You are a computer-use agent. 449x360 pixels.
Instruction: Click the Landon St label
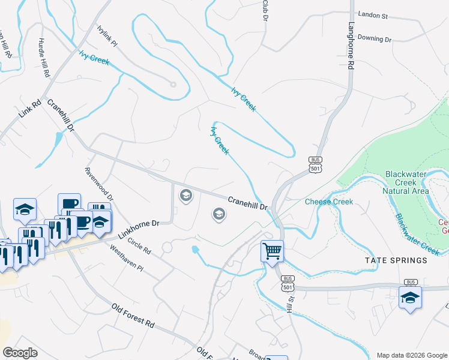pyautogui.click(x=373, y=13)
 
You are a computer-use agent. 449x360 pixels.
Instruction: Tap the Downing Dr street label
pyautogui.click(x=375, y=38)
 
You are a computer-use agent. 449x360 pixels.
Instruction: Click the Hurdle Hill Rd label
pyautogui.click(x=43, y=58)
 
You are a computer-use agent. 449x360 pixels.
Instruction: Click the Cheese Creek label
pyautogui.click(x=328, y=202)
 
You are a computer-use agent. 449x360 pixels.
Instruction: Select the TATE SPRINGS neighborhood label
pyautogui.click(x=397, y=260)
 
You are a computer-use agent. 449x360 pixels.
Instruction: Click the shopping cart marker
pyautogui.click(x=272, y=250)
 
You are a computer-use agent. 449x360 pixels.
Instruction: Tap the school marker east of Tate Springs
pyautogui.click(x=410, y=298)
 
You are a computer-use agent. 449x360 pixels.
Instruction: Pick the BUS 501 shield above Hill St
pyautogui.click(x=288, y=283)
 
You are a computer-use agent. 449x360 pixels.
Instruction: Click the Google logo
pyautogui.click(x=20, y=353)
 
